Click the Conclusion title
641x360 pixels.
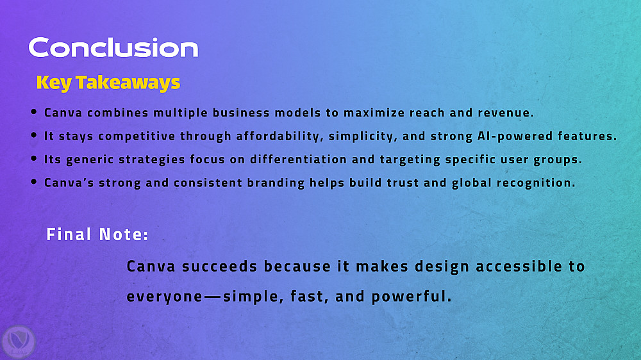point(113,47)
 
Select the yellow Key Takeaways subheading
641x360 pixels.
point(108,83)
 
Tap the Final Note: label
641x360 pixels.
point(97,234)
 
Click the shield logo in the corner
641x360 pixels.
point(19,342)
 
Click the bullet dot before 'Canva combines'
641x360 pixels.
point(34,111)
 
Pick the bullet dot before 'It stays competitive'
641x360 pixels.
point(34,135)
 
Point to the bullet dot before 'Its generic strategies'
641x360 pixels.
point(34,158)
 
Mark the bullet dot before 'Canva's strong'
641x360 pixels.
point(34,181)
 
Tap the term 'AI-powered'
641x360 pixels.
point(515,136)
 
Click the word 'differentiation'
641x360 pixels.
point(299,159)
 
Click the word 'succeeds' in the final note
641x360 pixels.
point(219,266)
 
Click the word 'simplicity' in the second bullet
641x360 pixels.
point(361,136)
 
